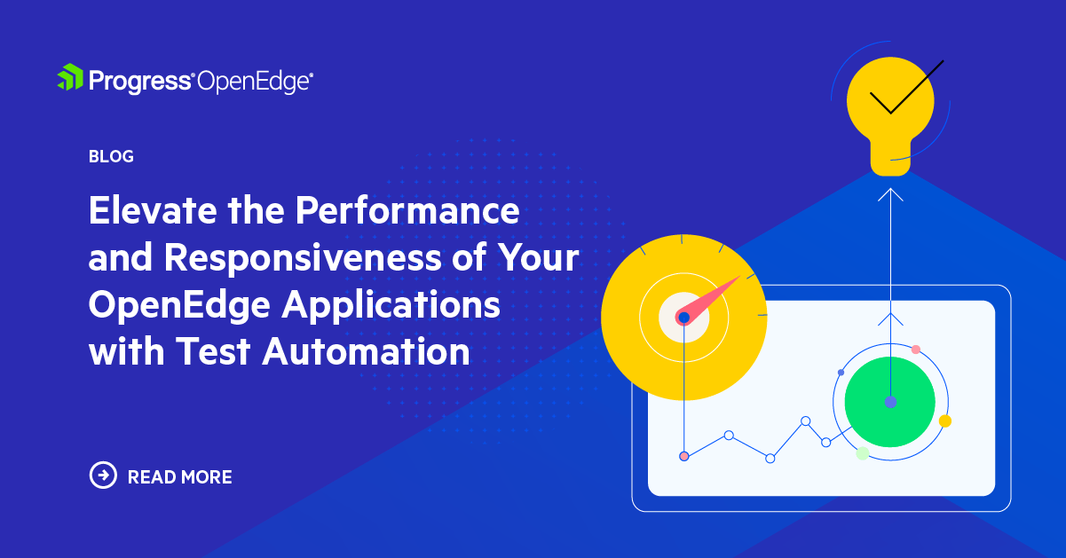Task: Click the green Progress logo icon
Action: pyautogui.click(x=70, y=78)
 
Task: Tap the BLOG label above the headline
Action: pyautogui.click(x=111, y=157)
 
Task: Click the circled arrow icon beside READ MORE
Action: pyautogui.click(x=104, y=475)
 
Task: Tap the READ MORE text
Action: pyautogui.click(x=180, y=477)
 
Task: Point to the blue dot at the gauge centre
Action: pyautogui.click(x=683, y=317)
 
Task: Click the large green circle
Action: pyautogui.click(x=889, y=402)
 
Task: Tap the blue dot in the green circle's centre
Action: pyautogui.click(x=890, y=402)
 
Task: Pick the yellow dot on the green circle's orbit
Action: pyautogui.click(x=944, y=420)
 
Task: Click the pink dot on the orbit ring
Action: pyautogui.click(x=916, y=350)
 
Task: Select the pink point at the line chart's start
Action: pyautogui.click(x=683, y=456)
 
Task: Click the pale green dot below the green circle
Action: pyautogui.click(x=862, y=453)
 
